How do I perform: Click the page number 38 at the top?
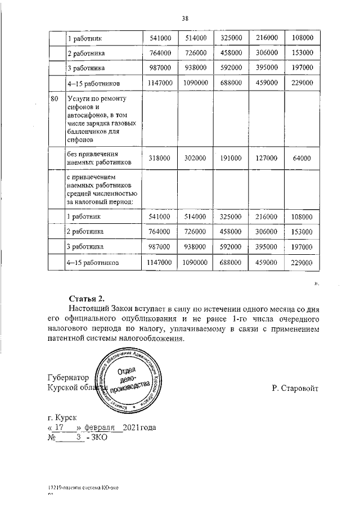[x=184, y=19]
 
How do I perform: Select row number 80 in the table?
[x=55, y=98]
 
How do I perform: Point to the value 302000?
[x=195, y=159]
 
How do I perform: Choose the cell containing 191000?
[x=231, y=159]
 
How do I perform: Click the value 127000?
[x=267, y=159]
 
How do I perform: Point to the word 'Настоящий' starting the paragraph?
[x=91, y=309]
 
